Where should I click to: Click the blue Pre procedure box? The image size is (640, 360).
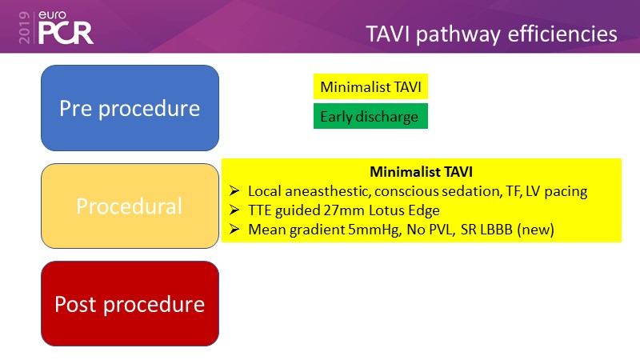(130, 108)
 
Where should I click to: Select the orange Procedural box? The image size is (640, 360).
(130, 206)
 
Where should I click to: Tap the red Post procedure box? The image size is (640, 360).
(130, 304)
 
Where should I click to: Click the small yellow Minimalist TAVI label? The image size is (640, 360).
(370, 86)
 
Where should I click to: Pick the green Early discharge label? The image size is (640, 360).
(370, 117)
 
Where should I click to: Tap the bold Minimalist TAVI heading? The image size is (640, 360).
(421, 172)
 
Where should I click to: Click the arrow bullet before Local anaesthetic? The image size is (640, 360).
(234, 192)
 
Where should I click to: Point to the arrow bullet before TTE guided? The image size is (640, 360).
(234, 210)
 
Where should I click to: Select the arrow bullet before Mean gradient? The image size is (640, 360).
(234, 230)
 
